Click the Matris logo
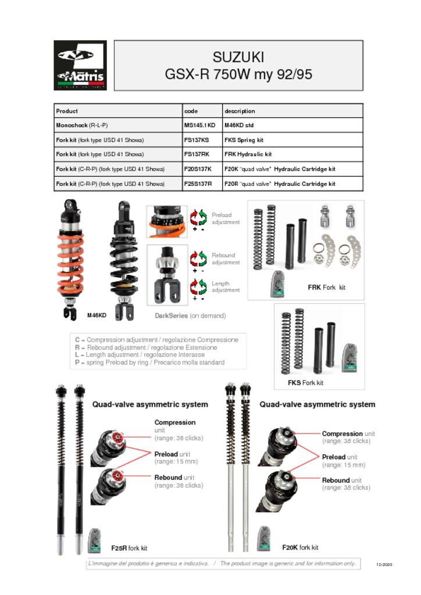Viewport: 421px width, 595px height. coord(80,65)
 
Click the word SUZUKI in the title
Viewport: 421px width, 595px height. coord(238,58)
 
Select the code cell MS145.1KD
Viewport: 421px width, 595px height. coord(199,125)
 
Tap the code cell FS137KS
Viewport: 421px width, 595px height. coord(197,140)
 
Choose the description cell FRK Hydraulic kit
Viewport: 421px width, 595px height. coord(248,155)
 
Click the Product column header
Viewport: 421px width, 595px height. coord(67,111)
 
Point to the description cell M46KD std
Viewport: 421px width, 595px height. coord(238,125)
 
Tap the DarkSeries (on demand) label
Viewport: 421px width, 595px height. coord(190,316)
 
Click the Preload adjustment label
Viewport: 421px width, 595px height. coord(226,218)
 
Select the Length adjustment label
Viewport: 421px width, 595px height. coord(226,287)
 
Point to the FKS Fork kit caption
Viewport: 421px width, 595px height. coord(305,383)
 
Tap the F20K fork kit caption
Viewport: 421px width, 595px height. coord(300,547)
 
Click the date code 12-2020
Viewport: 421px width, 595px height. coord(384,565)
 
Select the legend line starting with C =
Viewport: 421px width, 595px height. coord(156,339)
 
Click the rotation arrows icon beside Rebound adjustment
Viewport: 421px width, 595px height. coord(199,258)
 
